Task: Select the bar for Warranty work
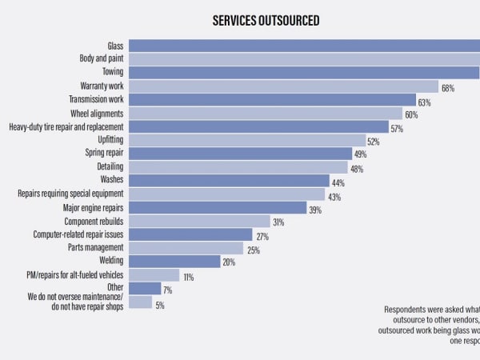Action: click(x=283, y=86)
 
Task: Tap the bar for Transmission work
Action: click(x=272, y=100)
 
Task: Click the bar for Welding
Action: click(x=174, y=261)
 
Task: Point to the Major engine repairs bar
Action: click(x=218, y=208)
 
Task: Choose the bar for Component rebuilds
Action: click(x=199, y=222)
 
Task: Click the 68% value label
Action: click(x=448, y=88)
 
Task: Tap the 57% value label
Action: click(x=397, y=128)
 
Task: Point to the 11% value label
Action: click(x=189, y=276)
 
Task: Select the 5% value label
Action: click(x=160, y=304)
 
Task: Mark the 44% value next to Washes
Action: click(x=338, y=182)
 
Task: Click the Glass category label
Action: click(x=115, y=45)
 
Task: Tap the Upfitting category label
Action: click(x=110, y=139)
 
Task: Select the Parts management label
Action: click(x=95, y=247)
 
